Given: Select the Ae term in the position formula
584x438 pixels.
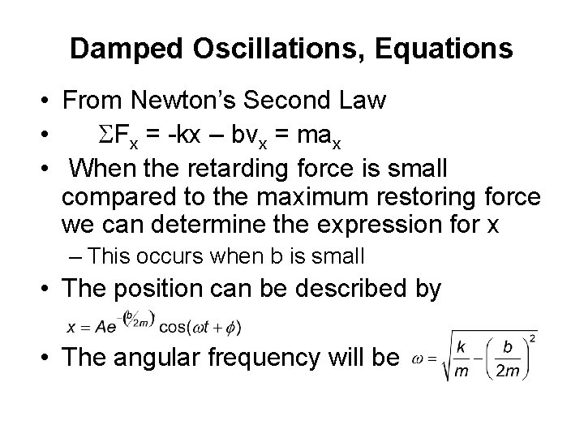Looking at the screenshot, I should (101, 328).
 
